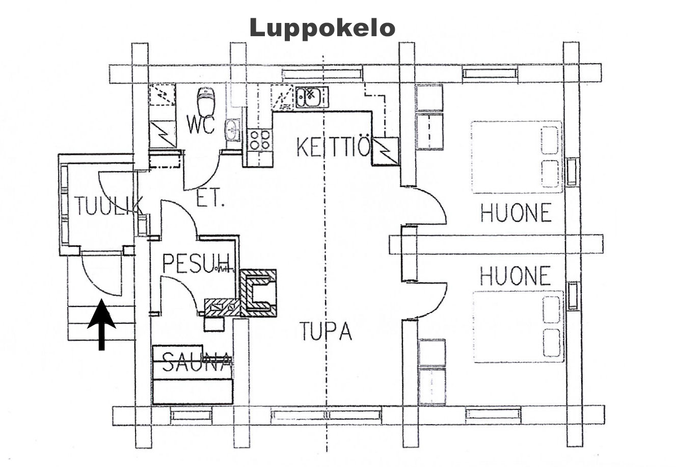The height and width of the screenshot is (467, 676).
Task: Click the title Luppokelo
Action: tap(322, 28)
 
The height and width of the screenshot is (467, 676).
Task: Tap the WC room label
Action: tap(200, 124)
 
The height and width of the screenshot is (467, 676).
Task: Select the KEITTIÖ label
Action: tap(333, 147)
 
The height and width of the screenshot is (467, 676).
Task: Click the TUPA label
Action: tap(325, 331)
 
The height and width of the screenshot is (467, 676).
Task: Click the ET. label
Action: tap(210, 199)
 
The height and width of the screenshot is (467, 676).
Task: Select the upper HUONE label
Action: tap(516, 213)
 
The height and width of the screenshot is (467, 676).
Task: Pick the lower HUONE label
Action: tap(516, 276)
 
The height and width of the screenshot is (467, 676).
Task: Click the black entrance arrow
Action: tap(102, 324)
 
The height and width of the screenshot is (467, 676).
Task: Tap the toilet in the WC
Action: tap(205, 101)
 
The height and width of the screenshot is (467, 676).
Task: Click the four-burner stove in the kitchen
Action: tap(259, 140)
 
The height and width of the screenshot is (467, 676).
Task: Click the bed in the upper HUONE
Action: tap(517, 157)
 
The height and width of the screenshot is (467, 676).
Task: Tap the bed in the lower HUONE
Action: tap(519, 326)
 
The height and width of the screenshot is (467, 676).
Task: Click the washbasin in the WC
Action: tap(233, 129)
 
